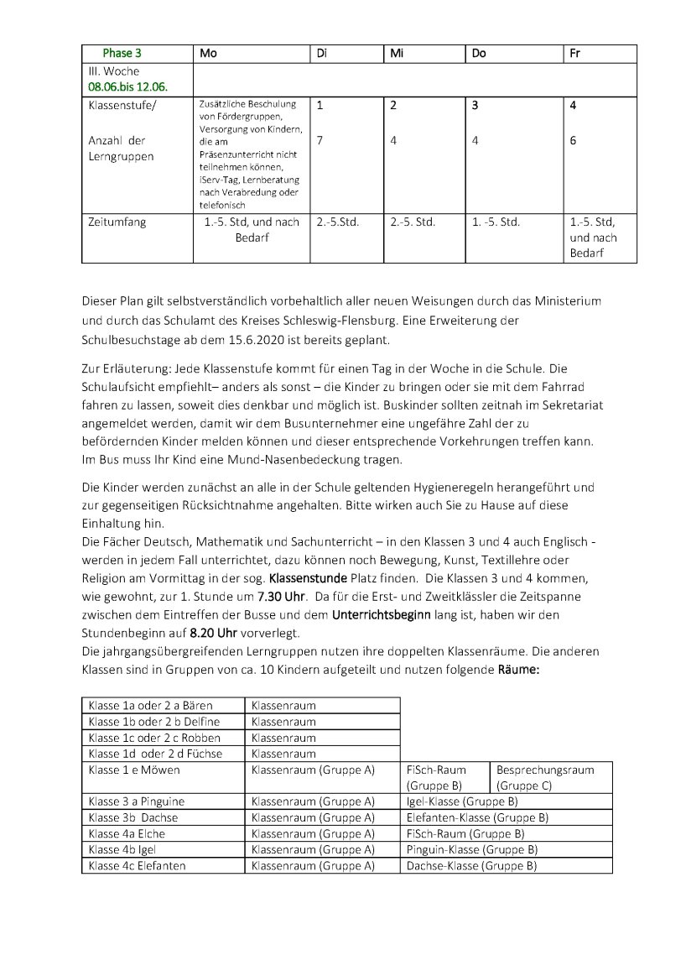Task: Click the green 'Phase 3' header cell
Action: [122, 53]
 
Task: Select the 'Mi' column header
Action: [397, 53]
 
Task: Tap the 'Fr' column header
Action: [574, 53]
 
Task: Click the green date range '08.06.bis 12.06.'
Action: [127, 86]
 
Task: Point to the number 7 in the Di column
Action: [320, 141]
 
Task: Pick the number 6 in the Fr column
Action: [573, 141]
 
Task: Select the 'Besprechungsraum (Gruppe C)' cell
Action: [545, 777]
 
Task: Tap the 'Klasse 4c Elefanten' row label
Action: [137, 865]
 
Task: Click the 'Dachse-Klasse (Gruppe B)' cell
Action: [471, 865]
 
